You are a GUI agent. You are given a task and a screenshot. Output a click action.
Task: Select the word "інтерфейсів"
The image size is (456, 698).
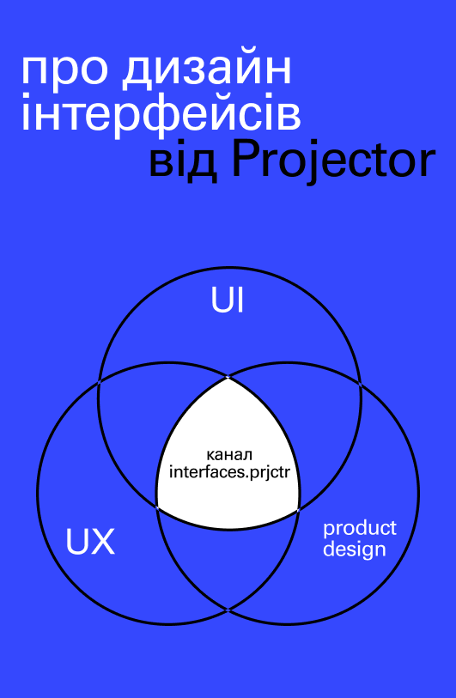161,112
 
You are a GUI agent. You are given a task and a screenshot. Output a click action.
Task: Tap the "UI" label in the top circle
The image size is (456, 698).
228,301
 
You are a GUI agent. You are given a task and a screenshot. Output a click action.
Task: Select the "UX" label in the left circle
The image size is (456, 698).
90,541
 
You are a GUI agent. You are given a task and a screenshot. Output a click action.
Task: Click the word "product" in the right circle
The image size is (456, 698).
359,529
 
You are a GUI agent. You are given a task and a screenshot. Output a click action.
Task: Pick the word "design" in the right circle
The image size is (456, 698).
354,549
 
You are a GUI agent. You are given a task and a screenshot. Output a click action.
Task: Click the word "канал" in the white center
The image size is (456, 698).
229,455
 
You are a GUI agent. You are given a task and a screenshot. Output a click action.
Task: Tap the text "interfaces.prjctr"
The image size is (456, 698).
229,473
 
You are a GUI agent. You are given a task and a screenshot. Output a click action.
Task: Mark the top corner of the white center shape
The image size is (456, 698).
228,378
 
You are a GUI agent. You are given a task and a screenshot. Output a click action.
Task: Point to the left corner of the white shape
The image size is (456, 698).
157,507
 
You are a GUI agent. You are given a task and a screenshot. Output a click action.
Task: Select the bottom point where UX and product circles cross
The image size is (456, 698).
228,610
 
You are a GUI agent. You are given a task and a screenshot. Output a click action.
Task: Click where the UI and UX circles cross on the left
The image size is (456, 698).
99,382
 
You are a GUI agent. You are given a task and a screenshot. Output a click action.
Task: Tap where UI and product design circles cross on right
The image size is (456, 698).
359,383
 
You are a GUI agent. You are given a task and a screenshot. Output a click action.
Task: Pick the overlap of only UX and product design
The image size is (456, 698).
228,561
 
